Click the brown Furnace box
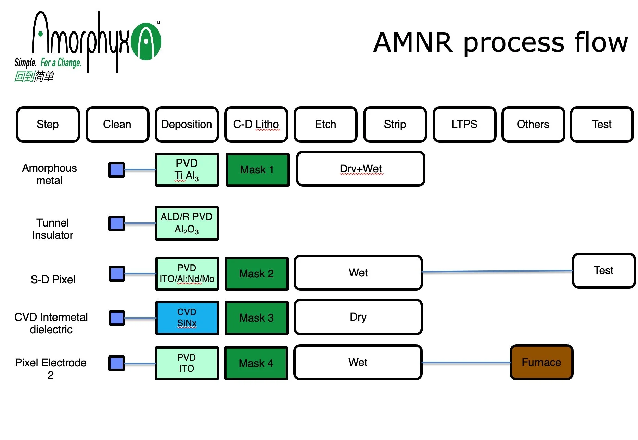pos(541,362)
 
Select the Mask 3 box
pos(256,318)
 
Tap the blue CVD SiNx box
pos(187,318)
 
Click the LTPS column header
pos(464,124)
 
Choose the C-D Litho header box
pos(256,124)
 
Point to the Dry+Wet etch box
pos(360,169)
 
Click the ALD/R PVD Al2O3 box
pos(187,223)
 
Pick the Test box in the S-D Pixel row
pos(603,271)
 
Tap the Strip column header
pos(395,124)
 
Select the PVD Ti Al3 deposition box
pos(187,170)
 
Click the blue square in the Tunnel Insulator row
pos(116,223)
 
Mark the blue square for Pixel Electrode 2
pos(116,363)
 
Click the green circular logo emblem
pos(146,42)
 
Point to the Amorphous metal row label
pos(49,174)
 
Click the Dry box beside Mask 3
pos(358,317)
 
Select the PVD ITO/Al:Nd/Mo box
pos(187,274)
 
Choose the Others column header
pos(533,124)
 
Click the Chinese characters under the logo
pos(34,76)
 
